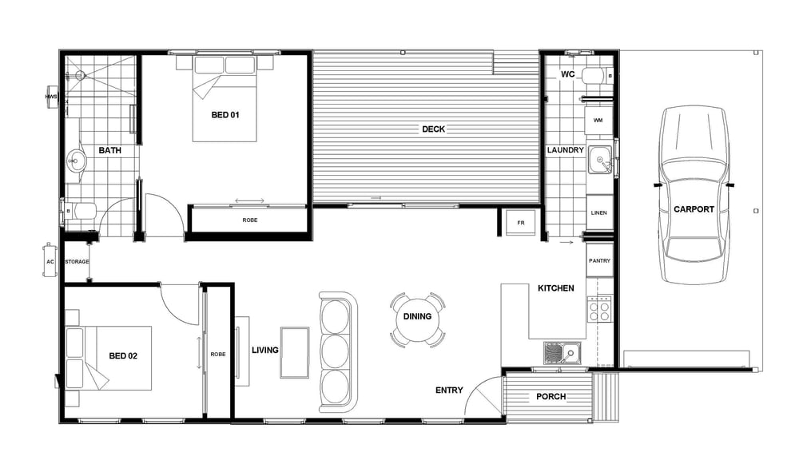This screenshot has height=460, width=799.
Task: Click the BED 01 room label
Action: (225, 115)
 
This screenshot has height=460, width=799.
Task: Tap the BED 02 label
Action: (123, 355)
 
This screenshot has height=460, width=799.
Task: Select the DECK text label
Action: (433, 129)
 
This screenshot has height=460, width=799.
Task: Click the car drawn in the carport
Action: (694, 195)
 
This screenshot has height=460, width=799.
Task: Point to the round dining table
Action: (417, 319)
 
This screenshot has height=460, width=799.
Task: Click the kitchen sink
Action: (562, 353)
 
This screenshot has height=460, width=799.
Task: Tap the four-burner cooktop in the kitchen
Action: (598, 309)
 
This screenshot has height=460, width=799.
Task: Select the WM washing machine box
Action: (598, 121)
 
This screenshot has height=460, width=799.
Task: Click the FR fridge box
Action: (520, 223)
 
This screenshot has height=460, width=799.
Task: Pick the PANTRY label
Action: (599, 260)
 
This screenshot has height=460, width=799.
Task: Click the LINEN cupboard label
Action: (598, 212)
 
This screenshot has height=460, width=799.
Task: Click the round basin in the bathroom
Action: (75, 161)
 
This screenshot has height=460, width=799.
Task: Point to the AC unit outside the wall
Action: (50, 260)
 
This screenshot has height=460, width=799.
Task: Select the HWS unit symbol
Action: (51, 97)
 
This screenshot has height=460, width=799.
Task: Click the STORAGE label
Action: (77, 261)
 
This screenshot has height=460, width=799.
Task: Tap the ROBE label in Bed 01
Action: (249, 220)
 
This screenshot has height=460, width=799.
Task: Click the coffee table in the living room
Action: (295, 352)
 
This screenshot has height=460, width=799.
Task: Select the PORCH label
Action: (551, 396)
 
